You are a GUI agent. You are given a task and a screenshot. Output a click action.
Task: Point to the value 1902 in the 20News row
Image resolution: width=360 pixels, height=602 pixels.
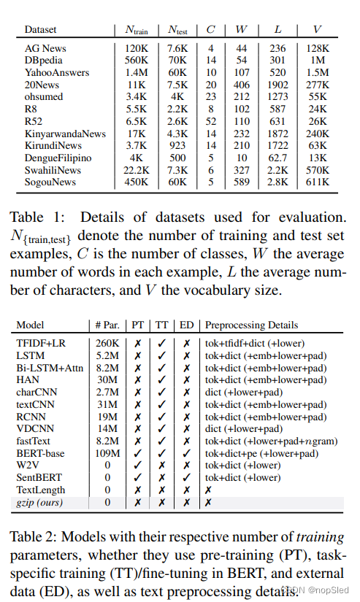[x=277, y=85]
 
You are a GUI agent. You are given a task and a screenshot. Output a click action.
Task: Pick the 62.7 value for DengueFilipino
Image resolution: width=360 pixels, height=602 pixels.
[x=277, y=157]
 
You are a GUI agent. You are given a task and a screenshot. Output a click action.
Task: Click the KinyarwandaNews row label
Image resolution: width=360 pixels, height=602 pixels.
[x=64, y=134]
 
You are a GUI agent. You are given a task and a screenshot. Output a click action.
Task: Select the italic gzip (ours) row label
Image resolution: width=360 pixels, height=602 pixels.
[x=40, y=503]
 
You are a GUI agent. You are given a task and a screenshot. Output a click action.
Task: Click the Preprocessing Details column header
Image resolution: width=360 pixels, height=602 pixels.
[x=252, y=325]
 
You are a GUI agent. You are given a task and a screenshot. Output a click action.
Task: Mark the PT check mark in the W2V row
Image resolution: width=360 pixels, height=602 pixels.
[x=137, y=466]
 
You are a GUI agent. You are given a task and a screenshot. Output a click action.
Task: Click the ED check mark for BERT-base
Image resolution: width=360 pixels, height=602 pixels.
[x=186, y=453]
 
